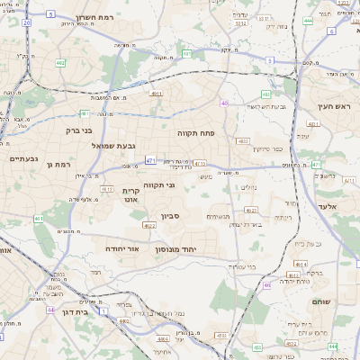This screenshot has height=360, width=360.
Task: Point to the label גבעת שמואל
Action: [113, 145]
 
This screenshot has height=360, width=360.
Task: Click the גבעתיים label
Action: [23, 158]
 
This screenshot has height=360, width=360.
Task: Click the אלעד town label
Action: [326, 206]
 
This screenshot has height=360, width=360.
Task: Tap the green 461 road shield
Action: [39, 218]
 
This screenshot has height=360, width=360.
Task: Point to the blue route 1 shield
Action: [103, 309]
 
